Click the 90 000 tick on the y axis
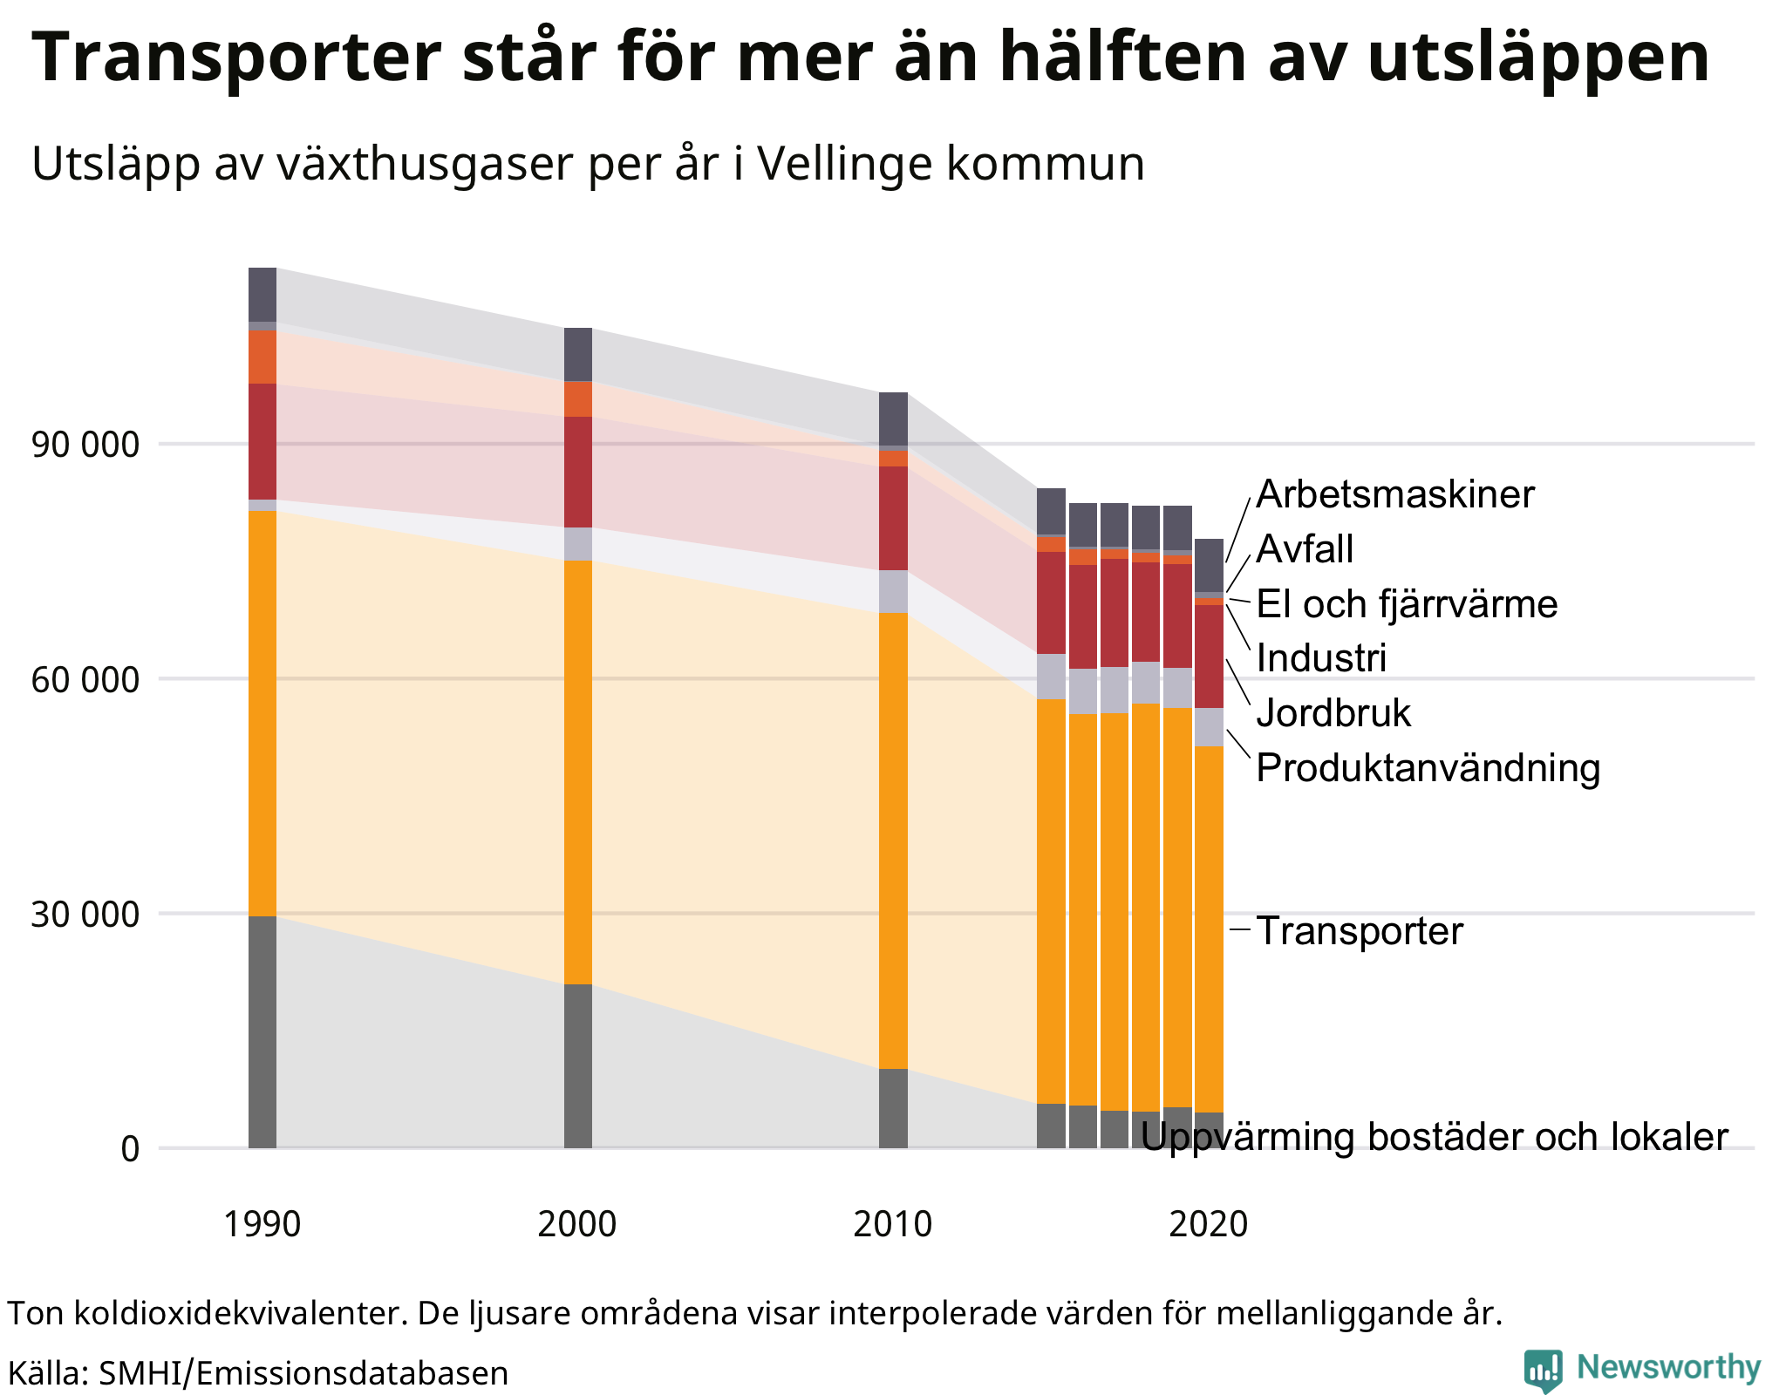(85, 446)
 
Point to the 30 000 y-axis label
(85, 915)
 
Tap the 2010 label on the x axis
(892, 1225)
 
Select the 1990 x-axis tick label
(262, 1225)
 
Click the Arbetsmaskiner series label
(1394, 495)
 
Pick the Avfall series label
(1305, 550)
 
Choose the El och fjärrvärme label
(1407, 604)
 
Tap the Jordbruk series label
(1333, 713)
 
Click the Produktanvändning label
(1428, 768)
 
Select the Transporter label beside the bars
(1359, 931)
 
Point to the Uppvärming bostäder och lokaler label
(1434, 1137)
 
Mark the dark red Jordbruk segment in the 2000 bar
(578, 472)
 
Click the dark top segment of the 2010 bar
(893, 418)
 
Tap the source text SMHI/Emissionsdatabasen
(303, 1373)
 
